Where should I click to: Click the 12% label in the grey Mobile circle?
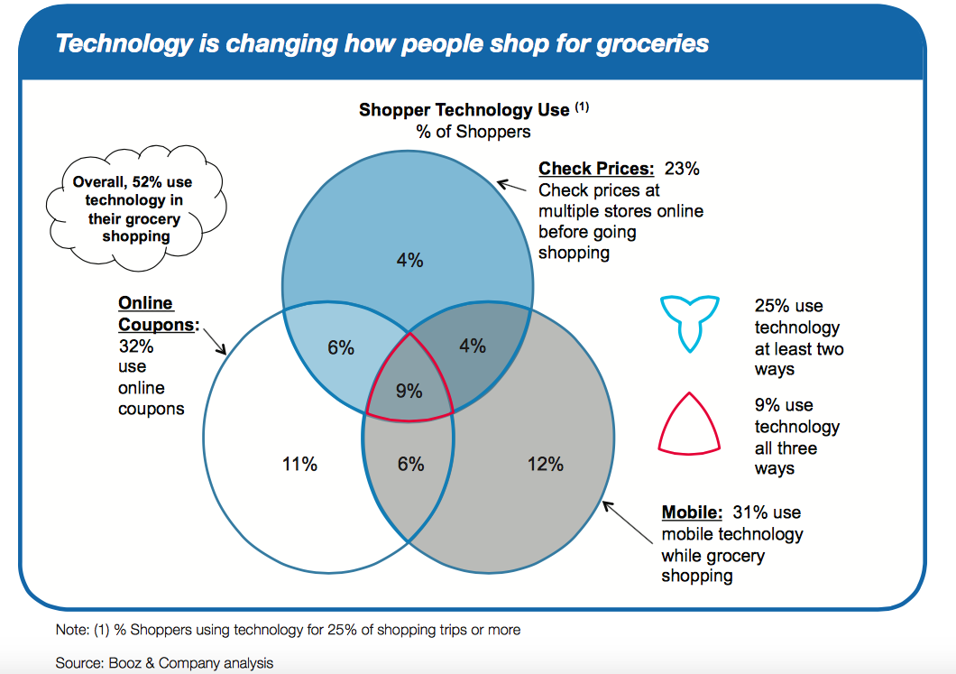point(544,464)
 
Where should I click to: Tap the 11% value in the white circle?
point(299,464)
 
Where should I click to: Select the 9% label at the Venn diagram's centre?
point(409,391)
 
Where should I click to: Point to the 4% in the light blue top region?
point(409,260)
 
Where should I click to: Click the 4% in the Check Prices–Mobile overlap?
point(472,346)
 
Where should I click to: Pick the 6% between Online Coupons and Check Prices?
point(341,347)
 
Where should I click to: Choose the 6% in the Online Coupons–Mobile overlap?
point(410,464)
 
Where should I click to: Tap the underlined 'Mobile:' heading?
point(693,512)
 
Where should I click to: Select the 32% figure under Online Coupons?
point(136,346)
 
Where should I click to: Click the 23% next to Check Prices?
point(682,169)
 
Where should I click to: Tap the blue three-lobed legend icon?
point(690,320)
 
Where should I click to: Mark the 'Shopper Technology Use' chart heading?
point(464,110)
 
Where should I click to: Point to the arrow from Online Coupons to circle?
point(215,342)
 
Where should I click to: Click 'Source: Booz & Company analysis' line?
point(164,663)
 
